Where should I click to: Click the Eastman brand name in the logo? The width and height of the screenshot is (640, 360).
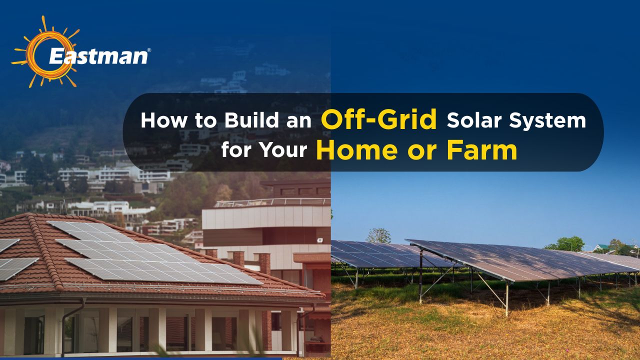pos(97,55)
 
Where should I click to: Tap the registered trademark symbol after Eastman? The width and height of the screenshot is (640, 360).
pos(148,50)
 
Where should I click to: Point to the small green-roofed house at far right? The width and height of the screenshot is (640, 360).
pos(601,247)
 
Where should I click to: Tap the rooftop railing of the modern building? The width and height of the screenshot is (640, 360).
pos(272,202)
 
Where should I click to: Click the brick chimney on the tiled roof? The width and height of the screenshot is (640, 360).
pos(264,263)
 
